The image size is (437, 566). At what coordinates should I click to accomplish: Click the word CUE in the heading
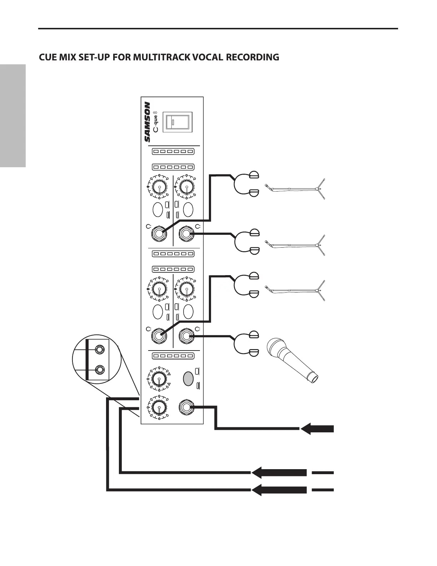point(49,57)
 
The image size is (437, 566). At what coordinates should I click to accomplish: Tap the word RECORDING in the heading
point(252,57)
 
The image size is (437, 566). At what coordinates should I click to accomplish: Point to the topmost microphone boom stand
point(295,189)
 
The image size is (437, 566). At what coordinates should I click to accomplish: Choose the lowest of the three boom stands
point(295,291)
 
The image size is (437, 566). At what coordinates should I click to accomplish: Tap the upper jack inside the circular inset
point(101,349)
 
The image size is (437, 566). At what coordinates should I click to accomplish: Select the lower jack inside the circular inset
point(101,369)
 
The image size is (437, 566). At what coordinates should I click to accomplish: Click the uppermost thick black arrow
point(317,428)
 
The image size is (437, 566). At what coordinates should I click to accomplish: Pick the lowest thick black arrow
point(279,490)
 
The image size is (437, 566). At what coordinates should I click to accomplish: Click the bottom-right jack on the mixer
point(186,407)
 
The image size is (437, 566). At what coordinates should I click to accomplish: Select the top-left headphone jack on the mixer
point(159,234)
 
